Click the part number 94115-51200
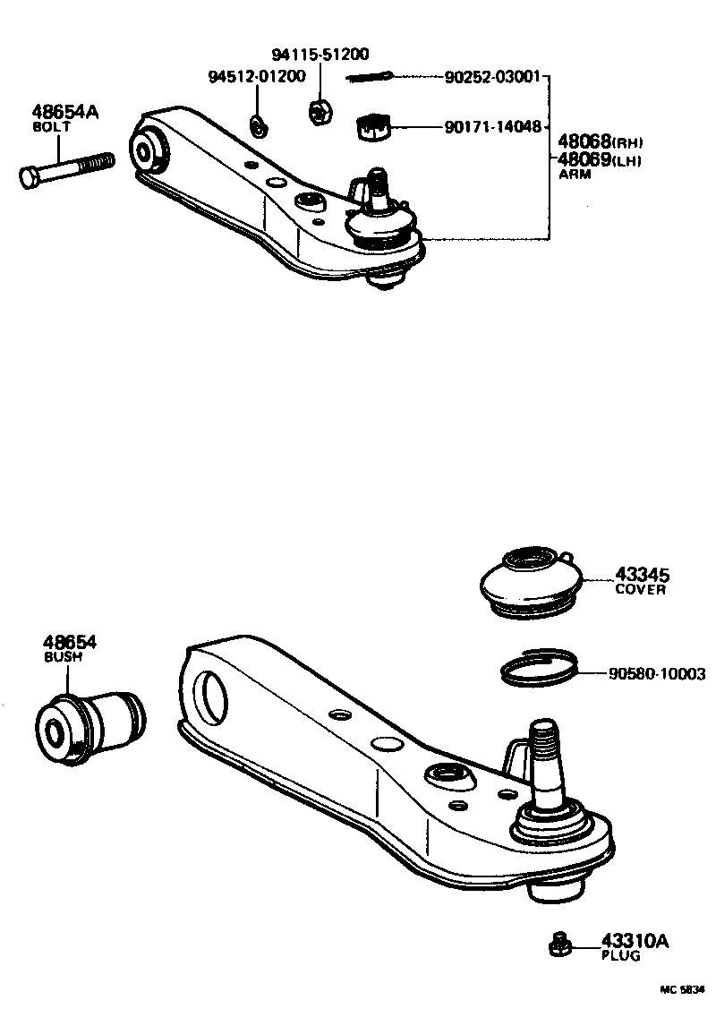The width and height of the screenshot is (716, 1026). (320, 54)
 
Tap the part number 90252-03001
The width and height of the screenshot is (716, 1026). (492, 78)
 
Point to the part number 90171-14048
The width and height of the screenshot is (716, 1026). (492, 127)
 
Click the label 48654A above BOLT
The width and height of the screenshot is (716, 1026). (64, 113)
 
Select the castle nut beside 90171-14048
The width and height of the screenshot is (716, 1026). (375, 127)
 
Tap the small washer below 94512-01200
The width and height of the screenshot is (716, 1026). (258, 127)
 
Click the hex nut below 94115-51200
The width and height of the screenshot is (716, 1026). (318, 112)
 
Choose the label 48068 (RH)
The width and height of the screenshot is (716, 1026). (600, 141)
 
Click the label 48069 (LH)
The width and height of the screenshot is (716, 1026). (600, 159)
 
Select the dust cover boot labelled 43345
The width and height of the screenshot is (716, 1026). (530, 584)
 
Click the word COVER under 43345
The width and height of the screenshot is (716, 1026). (640, 590)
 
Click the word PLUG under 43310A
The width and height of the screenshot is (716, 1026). (620, 955)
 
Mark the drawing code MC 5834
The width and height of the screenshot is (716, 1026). (683, 989)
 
